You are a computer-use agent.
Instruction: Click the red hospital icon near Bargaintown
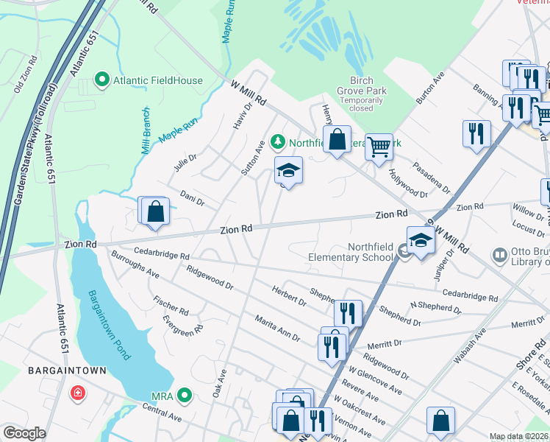tap(77, 393)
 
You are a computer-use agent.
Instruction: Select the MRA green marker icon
tap(185, 397)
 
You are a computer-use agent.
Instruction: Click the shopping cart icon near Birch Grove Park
tap(379, 146)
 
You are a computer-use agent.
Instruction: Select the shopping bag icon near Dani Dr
tap(156, 211)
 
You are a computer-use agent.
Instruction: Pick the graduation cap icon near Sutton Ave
tap(289, 171)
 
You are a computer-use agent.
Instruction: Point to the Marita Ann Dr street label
tap(277, 329)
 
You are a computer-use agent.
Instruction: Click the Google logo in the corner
tap(24, 433)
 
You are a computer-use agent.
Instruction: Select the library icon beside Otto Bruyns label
tap(499, 255)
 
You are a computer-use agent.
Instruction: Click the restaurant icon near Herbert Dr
tap(349, 313)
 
